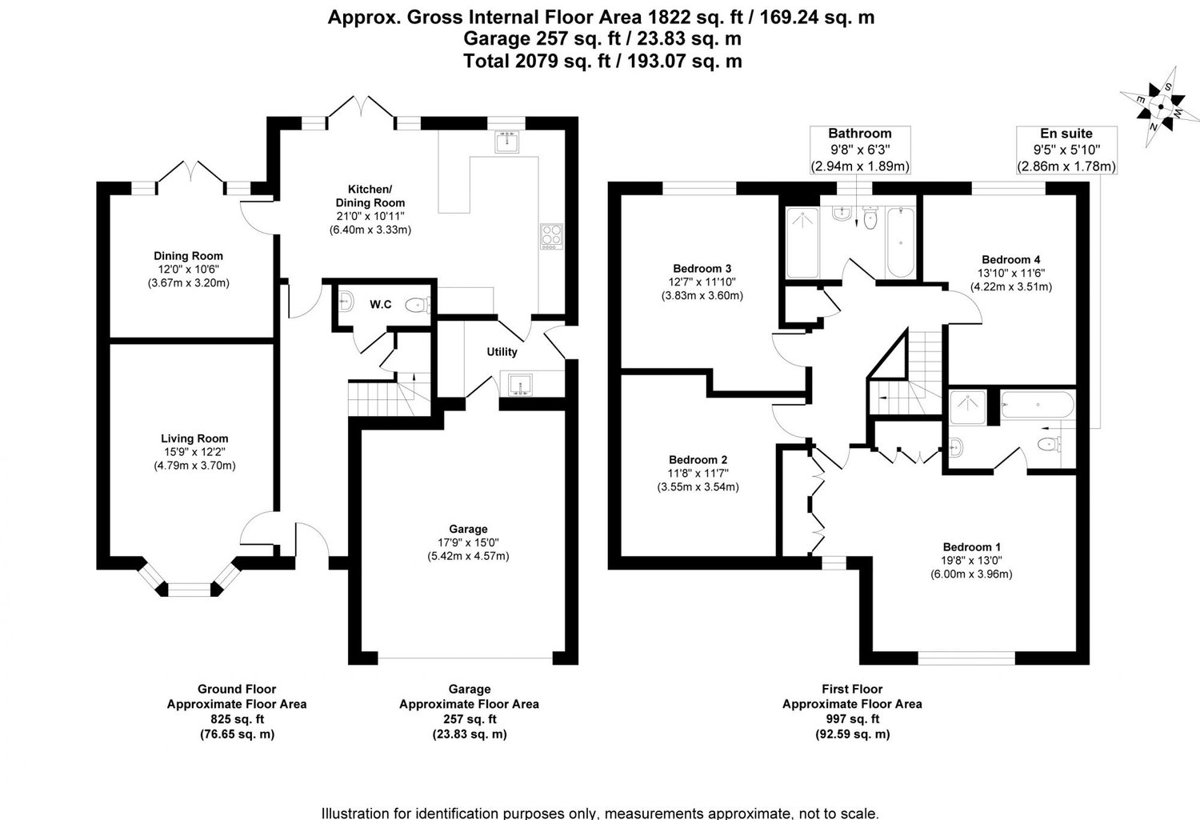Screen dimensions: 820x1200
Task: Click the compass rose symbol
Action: [1160, 106]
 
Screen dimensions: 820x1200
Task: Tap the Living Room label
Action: [194, 438]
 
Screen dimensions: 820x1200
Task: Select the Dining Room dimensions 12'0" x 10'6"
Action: [188, 270]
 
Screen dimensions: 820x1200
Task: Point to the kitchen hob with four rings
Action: [551, 236]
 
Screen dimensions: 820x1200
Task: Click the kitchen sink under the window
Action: [507, 142]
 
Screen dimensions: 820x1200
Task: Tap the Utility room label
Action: [502, 352]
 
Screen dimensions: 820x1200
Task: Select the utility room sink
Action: [521, 384]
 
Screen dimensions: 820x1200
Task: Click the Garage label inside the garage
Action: [468, 529]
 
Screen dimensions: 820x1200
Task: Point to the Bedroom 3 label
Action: [702, 268]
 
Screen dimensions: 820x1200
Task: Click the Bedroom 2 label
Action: [698, 460]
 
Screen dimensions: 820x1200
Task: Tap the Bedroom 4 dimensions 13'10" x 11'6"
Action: [1011, 273]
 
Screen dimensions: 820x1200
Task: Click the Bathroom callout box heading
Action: [859, 134]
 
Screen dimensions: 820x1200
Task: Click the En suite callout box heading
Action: [1066, 134]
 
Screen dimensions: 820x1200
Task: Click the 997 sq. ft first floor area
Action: [852, 719]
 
